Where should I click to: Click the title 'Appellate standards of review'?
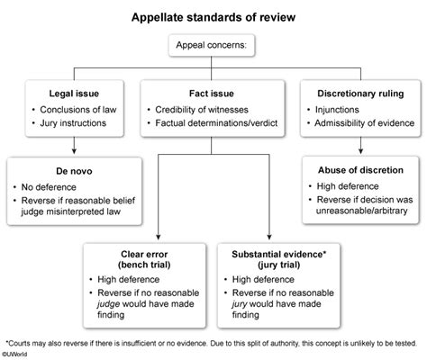tap(214, 17)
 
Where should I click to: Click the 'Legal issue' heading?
tap(72, 92)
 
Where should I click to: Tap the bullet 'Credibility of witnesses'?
tap(213, 108)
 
